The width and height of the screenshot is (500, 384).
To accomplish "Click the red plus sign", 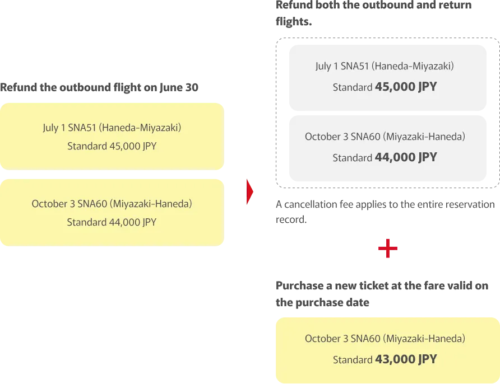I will tap(387, 249).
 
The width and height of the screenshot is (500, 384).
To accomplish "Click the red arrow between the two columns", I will tap(251, 191).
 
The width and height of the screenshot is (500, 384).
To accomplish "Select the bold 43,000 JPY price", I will tap(406, 359).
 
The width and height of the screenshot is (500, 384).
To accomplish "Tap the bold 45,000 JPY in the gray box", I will tap(406, 87).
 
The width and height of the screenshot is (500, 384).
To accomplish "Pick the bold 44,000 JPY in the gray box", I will tap(406, 157).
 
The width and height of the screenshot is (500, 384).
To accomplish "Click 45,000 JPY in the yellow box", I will tap(133, 147).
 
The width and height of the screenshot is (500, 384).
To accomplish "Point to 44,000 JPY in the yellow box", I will tap(133, 222).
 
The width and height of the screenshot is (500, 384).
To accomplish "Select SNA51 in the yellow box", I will tap(82, 128).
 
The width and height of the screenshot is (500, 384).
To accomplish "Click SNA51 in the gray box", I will tap(355, 66).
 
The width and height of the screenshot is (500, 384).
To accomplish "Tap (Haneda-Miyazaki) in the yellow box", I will tap(140, 128).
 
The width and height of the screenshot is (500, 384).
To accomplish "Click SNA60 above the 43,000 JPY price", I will tap(365, 339).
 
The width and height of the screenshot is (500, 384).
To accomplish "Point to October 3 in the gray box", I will tap(326, 137).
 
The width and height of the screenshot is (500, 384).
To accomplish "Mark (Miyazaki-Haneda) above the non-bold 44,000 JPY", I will tap(151, 204).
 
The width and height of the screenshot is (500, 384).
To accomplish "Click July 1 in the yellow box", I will tap(54, 128).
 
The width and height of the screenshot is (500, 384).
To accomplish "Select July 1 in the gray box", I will tap(326, 66).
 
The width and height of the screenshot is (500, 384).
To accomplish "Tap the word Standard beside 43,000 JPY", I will tap(352, 360).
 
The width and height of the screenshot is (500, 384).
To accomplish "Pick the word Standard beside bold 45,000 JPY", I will tap(352, 88).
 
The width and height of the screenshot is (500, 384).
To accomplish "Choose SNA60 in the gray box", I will tap(365, 137).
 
